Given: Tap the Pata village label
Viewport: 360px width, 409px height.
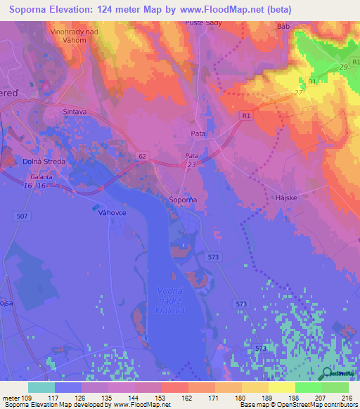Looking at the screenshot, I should (x=198, y=132).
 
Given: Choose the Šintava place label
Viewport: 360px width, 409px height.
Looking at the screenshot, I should (x=75, y=111).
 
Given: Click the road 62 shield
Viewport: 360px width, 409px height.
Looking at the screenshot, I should (x=142, y=155).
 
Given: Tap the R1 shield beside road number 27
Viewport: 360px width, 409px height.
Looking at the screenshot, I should (x=311, y=82).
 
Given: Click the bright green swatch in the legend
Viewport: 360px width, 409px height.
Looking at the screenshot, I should (x=308, y=387).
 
